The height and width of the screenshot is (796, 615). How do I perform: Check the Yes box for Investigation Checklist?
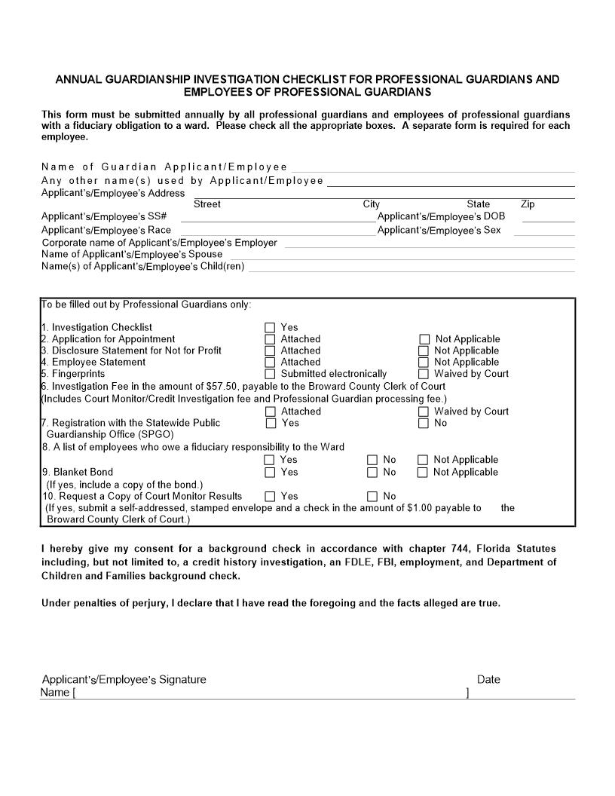pos(270,328)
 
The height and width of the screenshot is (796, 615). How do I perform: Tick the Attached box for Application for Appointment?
pos(270,339)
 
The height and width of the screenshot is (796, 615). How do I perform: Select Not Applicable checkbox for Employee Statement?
pos(424,363)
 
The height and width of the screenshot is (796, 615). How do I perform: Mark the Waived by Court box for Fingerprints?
pos(424,374)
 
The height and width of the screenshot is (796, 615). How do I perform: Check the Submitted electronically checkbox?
pos(270,374)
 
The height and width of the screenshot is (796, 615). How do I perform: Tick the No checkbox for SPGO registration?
pos(424,424)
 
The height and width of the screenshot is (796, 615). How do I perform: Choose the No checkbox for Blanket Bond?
pos(372,473)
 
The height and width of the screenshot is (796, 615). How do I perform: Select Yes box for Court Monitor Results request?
pos(270,497)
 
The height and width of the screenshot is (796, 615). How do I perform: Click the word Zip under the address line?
pos(528,204)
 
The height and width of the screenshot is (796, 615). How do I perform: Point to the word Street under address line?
pos(207,204)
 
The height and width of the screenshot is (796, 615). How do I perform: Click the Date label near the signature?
pos(488,679)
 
